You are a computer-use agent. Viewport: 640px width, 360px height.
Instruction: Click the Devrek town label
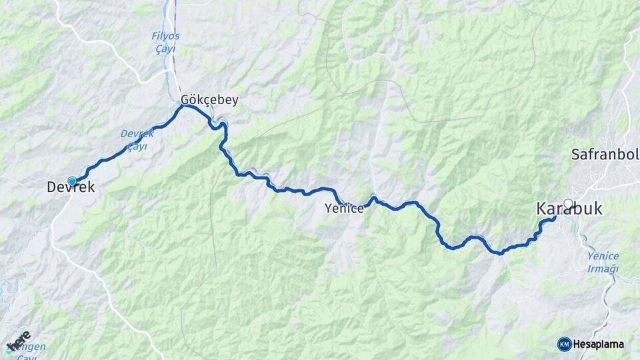71,189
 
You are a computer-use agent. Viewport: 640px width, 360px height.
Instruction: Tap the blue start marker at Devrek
72,181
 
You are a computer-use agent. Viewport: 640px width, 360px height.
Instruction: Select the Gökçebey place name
209,100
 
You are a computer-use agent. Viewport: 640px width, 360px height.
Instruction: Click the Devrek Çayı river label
138,139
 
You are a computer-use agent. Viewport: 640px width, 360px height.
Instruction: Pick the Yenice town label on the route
344,209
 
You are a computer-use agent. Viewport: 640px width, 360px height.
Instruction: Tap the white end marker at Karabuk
568,204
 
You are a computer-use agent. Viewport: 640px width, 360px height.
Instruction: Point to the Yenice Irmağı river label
603,262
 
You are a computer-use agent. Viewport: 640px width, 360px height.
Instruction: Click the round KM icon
564,344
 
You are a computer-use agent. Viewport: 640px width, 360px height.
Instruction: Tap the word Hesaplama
599,345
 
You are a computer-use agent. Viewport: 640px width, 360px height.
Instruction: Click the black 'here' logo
18,341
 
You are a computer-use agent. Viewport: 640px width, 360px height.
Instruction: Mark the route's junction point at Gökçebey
183,105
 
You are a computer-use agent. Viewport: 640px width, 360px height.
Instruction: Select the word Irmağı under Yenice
603,269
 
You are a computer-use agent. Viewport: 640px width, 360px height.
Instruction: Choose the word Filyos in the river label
165,35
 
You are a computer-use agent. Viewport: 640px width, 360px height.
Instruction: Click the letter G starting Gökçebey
185,100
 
